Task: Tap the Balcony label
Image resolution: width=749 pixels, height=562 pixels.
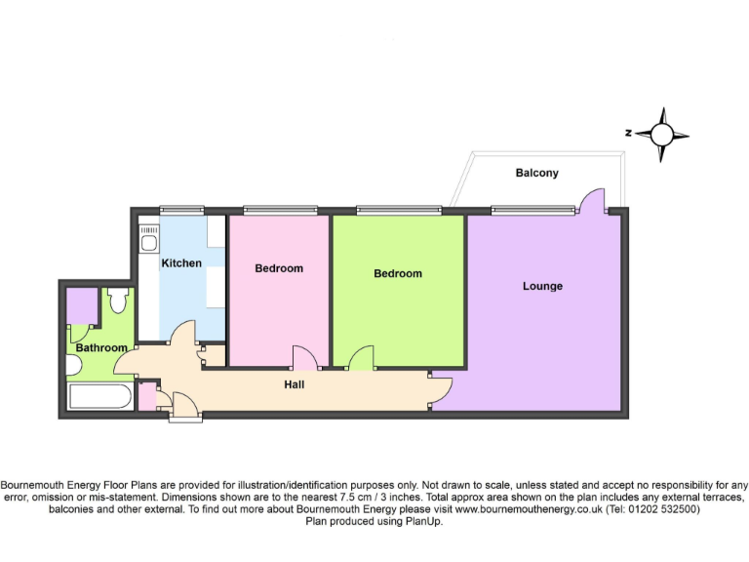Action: pyautogui.click(x=536, y=173)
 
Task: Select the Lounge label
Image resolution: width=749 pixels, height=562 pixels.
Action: pyautogui.click(x=542, y=286)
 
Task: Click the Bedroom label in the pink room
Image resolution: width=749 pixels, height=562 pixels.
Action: pyautogui.click(x=279, y=268)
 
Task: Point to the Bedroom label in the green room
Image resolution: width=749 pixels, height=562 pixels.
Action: pyautogui.click(x=398, y=273)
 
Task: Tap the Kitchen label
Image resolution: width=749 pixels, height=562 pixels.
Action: pyautogui.click(x=181, y=262)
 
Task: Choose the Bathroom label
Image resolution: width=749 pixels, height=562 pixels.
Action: pyautogui.click(x=101, y=347)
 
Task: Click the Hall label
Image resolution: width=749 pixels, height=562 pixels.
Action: pyautogui.click(x=294, y=384)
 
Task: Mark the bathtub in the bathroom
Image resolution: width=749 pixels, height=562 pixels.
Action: pyautogui.click(x=99, y=397)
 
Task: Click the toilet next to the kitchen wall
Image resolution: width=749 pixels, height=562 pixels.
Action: pyautogui.click(x=119, y=300)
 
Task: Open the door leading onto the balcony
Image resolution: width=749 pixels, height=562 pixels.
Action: pyautogui.click(x=591, y=200)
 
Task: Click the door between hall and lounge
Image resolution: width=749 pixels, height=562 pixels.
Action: pyautogui.click(x=439, y=388)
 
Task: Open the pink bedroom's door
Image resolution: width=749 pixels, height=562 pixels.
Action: pyautogui.click(x=303, y=358)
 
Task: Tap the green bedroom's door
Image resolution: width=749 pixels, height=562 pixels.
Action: pyautogui.click(x=361, y=358)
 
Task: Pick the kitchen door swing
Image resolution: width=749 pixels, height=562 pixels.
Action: pyautogui.click(x=181, y=337)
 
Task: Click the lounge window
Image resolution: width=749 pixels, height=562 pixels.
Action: pyautogui.click(x=532, y=209)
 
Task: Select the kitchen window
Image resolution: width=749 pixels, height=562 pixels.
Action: pyautogui.click(x=182, y=209)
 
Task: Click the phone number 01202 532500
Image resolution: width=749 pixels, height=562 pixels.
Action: pyautogui.click(x=663, y=509)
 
